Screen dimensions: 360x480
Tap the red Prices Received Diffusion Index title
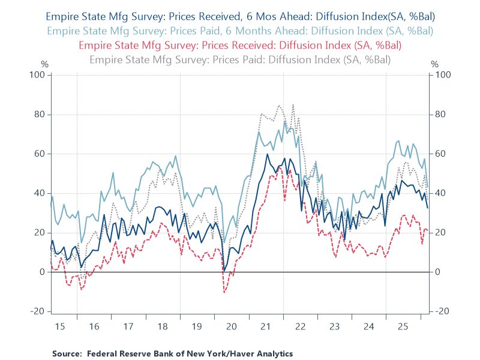pos(239,44)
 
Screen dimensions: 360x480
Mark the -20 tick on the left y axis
pos(38,311)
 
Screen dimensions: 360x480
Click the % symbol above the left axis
pos(44,64)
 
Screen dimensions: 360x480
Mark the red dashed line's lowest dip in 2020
pos(224,292)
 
